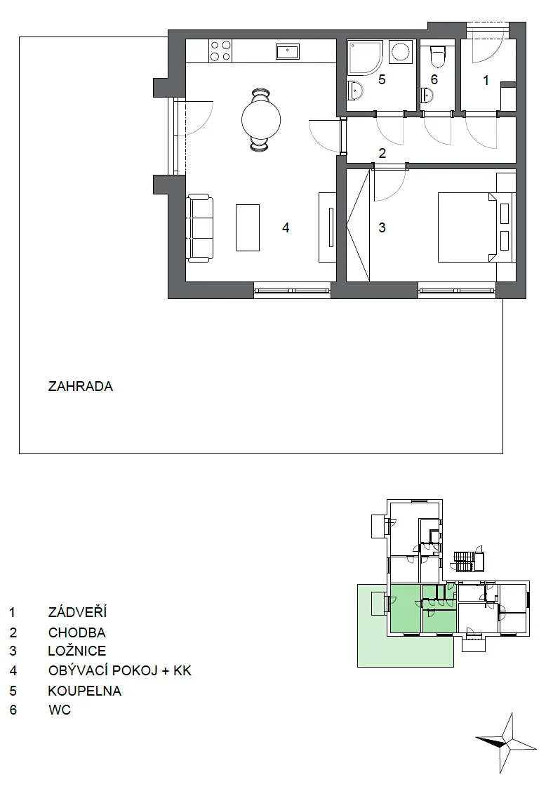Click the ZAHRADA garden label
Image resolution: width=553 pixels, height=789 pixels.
coord(81,387)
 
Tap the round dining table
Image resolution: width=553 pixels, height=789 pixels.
coord(260,119)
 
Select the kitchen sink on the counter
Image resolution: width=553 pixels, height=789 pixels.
coord(288,51)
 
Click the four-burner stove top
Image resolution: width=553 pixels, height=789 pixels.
coord(220,51)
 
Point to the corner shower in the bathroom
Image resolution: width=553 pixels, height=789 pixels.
coord(364,59)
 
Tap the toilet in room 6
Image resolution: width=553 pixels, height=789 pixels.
coord(437,55)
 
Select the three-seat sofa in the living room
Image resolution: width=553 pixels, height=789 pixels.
coord(200,228)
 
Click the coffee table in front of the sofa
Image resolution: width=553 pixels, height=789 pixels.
coord(248,227)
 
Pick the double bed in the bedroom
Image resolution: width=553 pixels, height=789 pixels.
coord(474,227)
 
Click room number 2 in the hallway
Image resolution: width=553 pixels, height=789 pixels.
coord(382,153)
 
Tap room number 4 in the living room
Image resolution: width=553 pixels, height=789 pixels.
coord(286,228)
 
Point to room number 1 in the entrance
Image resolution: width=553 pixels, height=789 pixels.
coord(486,80)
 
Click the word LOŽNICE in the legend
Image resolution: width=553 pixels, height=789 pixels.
coord(77,651)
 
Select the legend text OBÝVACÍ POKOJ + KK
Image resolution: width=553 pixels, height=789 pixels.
coord(120,671)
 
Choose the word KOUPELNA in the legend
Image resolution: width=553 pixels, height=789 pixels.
coord(84,691)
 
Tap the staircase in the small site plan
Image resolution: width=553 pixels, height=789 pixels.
coord(465,561)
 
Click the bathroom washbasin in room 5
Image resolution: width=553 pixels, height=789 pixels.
coord(357,91)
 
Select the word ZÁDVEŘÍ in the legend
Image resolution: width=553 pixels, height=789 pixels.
coord(77,612)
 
